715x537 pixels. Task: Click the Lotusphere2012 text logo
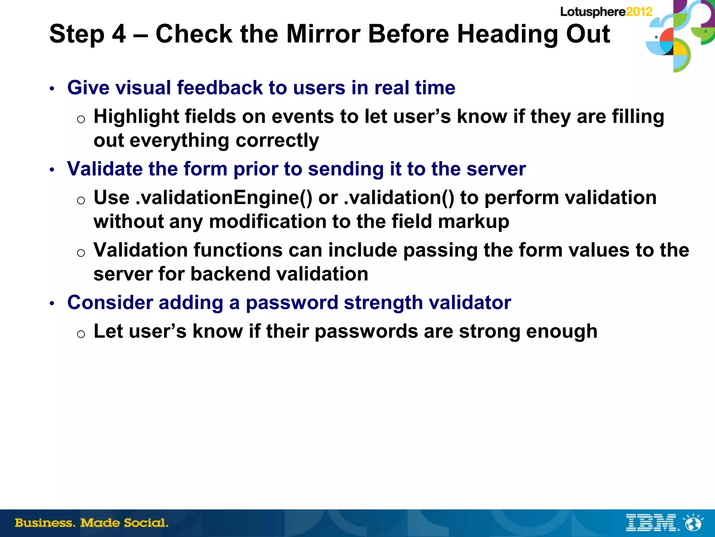pos(606,12)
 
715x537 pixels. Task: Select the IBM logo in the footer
pos(651,523)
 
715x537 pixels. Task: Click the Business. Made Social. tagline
pos(91,523)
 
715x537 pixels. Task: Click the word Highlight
pos(136,116)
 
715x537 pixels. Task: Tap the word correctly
pos(277,141)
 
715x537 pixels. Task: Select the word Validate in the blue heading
pos(104,169)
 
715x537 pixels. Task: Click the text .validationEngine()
pos(224,198)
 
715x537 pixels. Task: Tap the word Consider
pos(110,302)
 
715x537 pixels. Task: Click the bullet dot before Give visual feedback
pos(52,89)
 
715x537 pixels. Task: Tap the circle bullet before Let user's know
pos(81,334)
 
